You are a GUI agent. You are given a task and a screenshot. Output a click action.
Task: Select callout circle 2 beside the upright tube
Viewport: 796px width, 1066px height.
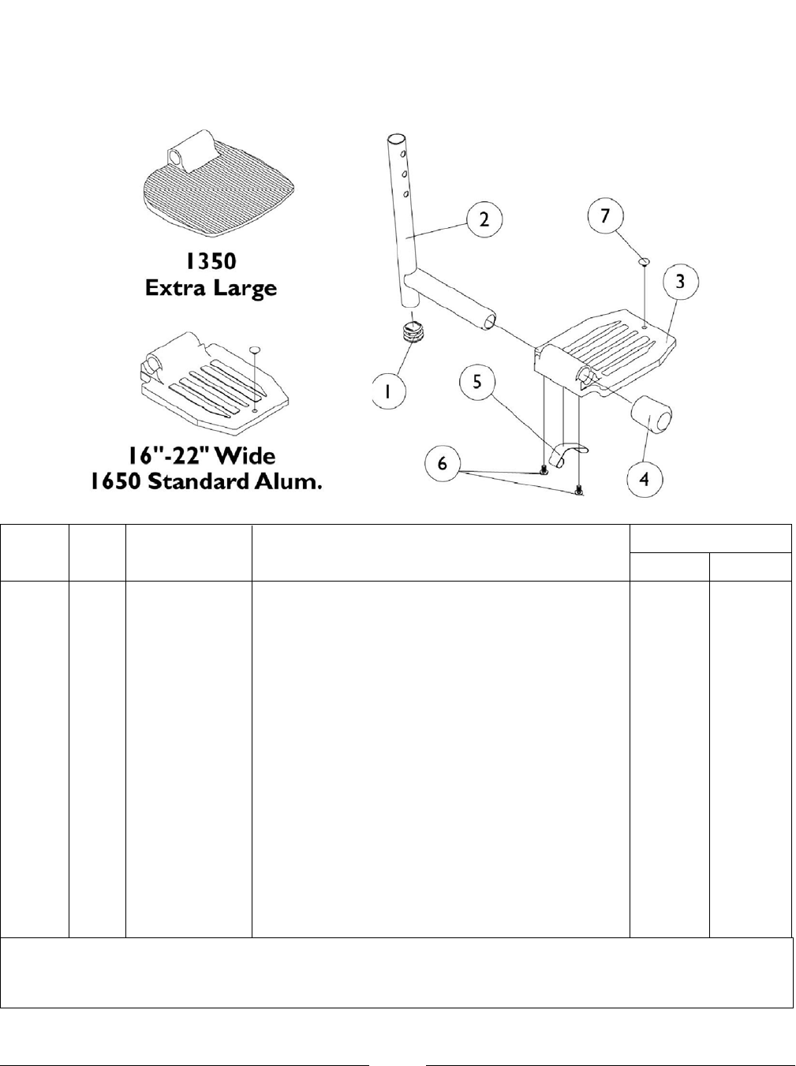pos(484,219)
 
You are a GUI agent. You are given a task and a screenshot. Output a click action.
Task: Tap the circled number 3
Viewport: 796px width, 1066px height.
pos(679,280)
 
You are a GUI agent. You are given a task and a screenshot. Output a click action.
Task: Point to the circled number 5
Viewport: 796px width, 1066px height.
pos(478,383)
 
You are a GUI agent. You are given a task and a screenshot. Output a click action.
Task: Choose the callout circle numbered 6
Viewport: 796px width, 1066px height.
pos(442,462)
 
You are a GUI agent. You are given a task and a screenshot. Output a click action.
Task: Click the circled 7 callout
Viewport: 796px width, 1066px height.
pos(605,215)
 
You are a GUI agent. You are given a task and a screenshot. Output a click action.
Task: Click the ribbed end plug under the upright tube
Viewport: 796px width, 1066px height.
pos(414,332)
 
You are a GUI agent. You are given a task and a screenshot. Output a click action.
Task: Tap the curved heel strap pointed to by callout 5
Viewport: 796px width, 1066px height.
pos(566,453)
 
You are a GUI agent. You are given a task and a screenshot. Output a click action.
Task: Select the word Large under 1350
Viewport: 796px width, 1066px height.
pos(248,289)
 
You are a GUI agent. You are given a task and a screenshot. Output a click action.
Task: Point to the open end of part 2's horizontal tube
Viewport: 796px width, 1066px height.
pos(490,320)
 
